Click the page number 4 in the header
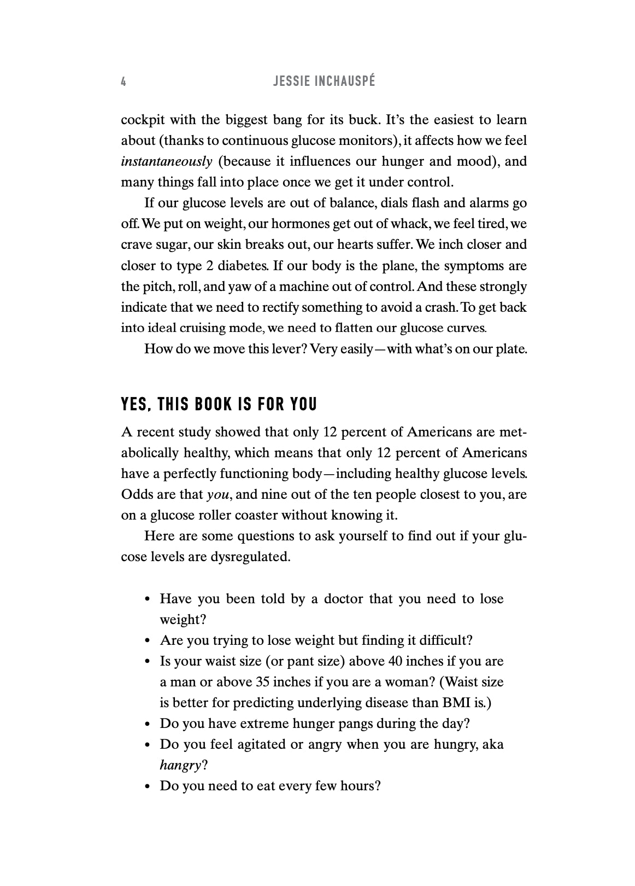124,82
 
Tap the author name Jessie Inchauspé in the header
324,82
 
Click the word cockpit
141,120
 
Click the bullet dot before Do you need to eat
147,787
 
